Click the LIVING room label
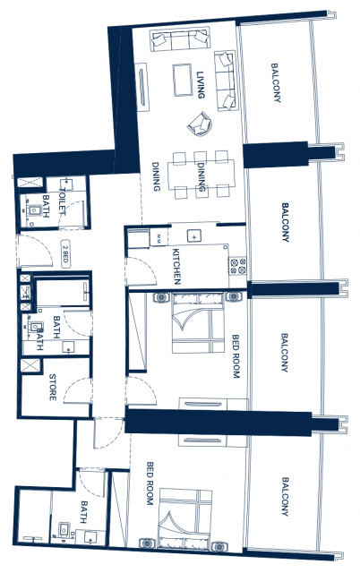click(x=201, y=85)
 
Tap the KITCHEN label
click(x=176, y=267)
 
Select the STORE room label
click(x=53, y=388)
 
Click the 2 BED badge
click(x=65, y=254)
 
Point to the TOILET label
click(x=62, y=201)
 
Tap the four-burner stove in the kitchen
click(x=238, y=266)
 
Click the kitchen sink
click(x=193, y=236)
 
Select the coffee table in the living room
click(x=183, y=80)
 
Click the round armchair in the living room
click(x=200, y=124)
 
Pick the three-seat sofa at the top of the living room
click(x=180, y=40)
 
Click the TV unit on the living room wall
click(x=141, y=88)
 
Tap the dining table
click(x=201, y=175)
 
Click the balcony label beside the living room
click(x=276, y=83)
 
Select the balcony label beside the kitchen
click(x=285, y=222)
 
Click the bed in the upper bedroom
click(x=198, y=322)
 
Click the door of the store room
click(x=77, y=391)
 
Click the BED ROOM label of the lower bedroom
click(x=150, y=483)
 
